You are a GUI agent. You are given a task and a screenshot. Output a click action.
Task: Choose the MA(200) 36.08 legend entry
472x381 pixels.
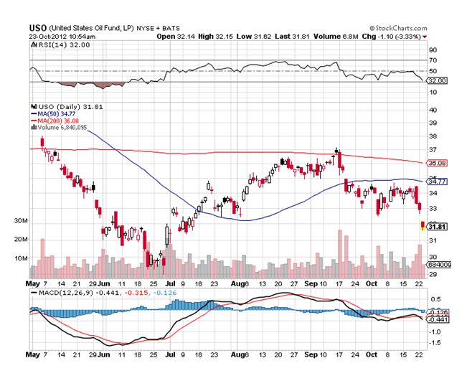55,121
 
